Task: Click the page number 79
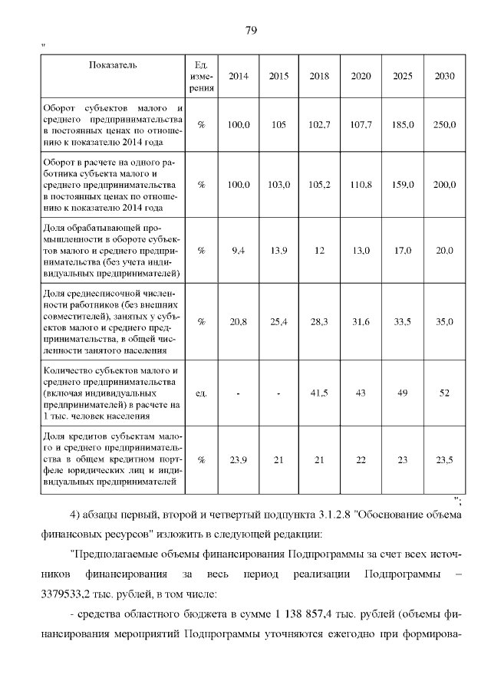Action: click(x=250, y=31)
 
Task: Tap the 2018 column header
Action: click(x=319, y=76)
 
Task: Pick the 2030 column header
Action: click(x=444, y=76)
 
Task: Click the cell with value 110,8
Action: click(x=361, y=185)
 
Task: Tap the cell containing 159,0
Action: click(x=403, y=185)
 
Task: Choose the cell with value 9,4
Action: click(x=238, y=251)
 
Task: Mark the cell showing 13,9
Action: click(x=278, y=251)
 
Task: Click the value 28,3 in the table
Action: click(x=319, y=322)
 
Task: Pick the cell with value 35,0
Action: click(x=444, y=322)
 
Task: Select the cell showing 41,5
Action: click(x=319, y=393)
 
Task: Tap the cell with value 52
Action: click(x=444, y=393)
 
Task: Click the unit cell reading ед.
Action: click(x=201, y=393)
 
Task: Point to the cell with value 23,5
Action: click(x=444, y=460)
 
